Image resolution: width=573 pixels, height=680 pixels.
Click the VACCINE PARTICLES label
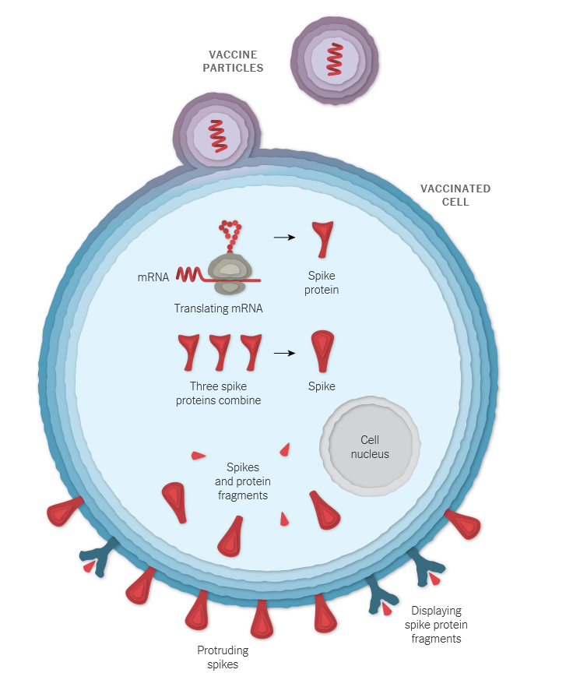(233, 62)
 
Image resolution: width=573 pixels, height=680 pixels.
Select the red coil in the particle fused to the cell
(217, 136)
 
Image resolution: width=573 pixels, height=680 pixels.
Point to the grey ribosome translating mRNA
(230, 272)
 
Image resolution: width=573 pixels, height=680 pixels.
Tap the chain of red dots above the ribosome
(230, 233)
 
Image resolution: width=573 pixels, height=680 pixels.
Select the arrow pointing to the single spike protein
(284, 236)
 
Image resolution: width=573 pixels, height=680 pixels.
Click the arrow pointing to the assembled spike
(284, 353)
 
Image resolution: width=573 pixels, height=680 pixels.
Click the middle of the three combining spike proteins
(220, 351)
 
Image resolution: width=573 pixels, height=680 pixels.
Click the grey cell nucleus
(370, 446)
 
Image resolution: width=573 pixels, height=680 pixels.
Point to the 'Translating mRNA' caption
(218, 308)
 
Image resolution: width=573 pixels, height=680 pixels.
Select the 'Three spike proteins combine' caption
(225, 393)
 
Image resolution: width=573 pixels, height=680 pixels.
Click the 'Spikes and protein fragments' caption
(241, 481)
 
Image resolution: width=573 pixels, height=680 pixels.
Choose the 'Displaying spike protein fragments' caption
(435, 625)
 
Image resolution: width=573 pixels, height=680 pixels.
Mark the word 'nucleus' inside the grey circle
(370, 454)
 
